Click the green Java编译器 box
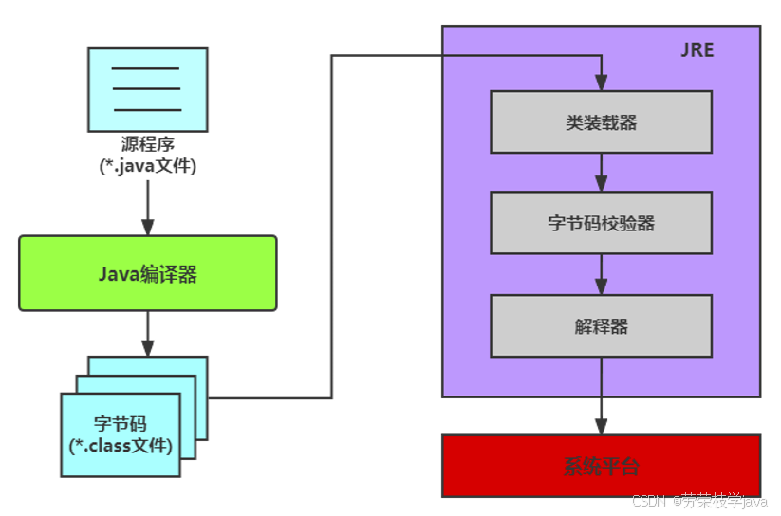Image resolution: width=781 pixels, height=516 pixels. tap(148, 273)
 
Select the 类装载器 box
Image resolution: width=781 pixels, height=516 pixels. tap(601, 121)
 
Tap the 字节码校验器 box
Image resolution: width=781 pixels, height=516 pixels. tap(601, 223)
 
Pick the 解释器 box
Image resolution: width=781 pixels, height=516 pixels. tap(601, 325)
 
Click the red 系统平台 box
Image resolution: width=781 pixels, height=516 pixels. tap(601, 466)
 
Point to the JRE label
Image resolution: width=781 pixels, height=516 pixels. tap(697, 50)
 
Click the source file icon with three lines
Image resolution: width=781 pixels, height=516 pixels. tap(147, 89)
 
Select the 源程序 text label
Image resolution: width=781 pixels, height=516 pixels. tap(148, 145)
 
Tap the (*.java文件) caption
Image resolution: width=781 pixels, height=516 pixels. tap(148, 167)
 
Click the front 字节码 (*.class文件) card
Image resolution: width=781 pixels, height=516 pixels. tap(121, 434)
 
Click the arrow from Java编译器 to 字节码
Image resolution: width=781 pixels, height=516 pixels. tap(147, 334)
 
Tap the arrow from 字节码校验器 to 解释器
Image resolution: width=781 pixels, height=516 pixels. tap(601, 274)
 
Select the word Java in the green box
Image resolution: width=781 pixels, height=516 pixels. tap(119, 274)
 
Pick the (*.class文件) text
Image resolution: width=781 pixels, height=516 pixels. tap(121, 444)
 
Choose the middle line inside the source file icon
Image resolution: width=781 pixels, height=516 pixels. tap(146, 88)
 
